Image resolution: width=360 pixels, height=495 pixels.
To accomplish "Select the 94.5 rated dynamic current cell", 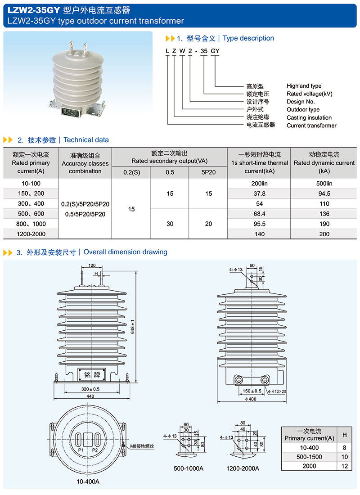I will pyautogui.click(x=324, y=193).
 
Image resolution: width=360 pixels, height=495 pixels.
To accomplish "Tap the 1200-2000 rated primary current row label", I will pyautogui.click(x=30, y=234).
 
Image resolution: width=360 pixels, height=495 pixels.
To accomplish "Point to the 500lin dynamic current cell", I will pyautogui.click(x=324, y=184).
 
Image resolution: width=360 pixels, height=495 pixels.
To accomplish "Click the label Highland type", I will pyautogui.click(x=304, y=86).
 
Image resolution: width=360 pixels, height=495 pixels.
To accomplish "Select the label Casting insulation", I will pyautogui.click(x=309, y=117).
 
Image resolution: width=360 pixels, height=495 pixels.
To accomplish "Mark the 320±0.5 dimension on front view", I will pyautogui.click(x=90, y=389).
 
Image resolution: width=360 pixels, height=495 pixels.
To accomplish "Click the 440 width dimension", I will pyautogui.click(x=91, y=396).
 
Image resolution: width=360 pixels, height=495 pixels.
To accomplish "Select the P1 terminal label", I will pyautogui.click(x=81, y=450).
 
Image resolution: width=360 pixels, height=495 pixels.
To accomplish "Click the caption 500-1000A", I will pyautogui.click(x=189, y=468).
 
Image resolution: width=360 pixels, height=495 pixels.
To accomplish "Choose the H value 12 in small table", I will pyautogui.click(x=344, y=466).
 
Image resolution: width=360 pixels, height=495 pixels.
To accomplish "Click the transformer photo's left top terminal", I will pyautogui.click(x=71, y=46).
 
